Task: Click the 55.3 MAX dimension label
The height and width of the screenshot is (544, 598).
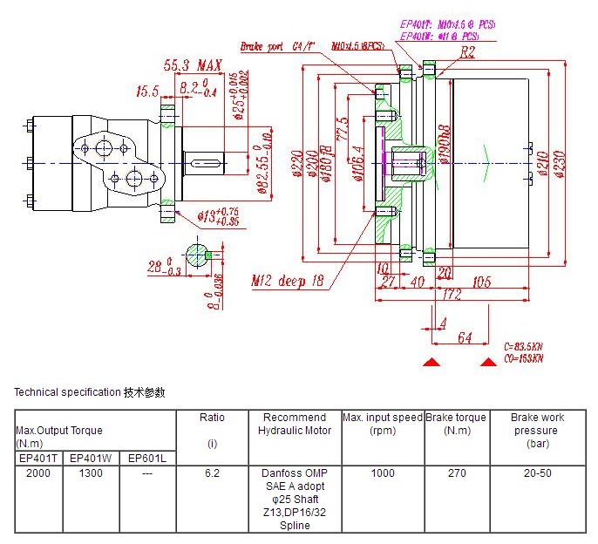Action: [193, 65]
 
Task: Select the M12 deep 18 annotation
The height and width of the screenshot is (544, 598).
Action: [287, 282]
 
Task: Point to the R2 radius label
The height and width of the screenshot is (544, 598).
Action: [468, 52]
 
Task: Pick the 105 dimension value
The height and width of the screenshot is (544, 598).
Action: [506, 282]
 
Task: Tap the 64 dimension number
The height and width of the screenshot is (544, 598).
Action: [464, 337]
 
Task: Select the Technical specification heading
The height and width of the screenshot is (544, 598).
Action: [90, 392]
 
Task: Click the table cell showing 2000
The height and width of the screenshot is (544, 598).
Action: [38, 473]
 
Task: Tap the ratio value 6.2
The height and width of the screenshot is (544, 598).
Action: [212, 473]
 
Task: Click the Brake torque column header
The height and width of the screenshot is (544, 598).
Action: [456, 424]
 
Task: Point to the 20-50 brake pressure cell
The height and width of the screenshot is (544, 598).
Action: [537, 473]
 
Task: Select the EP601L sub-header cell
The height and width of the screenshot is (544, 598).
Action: [146, 458]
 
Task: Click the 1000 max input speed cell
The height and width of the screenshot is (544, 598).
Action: [382, 473]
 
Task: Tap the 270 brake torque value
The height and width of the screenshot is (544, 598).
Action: [456, 473]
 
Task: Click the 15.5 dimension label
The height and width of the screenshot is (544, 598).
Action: [147, 91]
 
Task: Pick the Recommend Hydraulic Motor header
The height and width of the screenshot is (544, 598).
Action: [295, 424]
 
